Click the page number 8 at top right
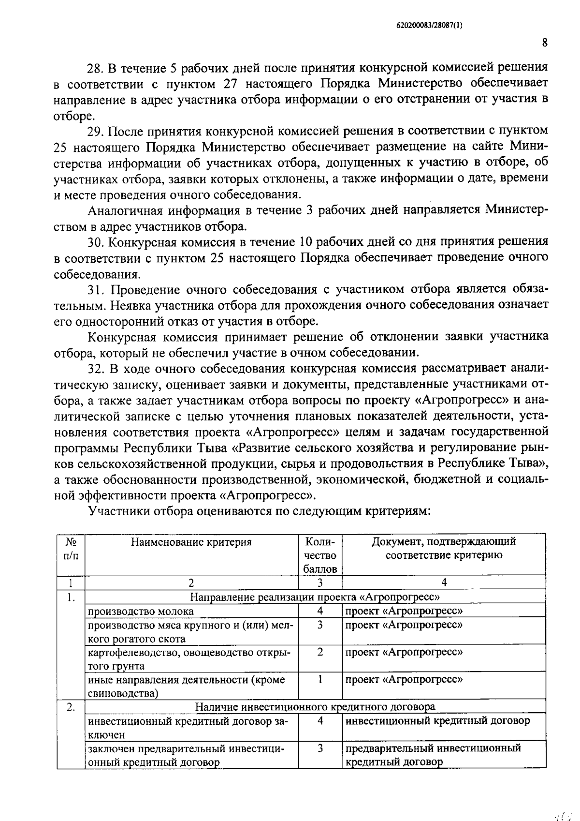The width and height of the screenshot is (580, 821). (545, 43)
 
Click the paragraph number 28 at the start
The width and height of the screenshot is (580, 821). (93, 68)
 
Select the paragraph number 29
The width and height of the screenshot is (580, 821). (94, 131)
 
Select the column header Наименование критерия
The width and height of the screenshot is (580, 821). (191, 542)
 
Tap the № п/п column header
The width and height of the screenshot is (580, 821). (71, 549)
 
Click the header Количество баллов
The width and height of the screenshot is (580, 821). (320, 555)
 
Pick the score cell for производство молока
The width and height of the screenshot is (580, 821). (320, 611)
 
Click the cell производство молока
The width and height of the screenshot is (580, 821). (141, 611)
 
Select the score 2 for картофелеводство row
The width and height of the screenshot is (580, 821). (320, 652)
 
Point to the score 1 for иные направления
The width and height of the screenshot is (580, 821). (320, 679)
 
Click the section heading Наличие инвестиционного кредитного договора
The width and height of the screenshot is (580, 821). (315, 707)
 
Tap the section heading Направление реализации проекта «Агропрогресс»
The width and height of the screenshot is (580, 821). (315, 597)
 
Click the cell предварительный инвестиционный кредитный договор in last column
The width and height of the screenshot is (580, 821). (433, 755)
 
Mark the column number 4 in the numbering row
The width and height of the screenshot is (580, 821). (444, 582)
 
